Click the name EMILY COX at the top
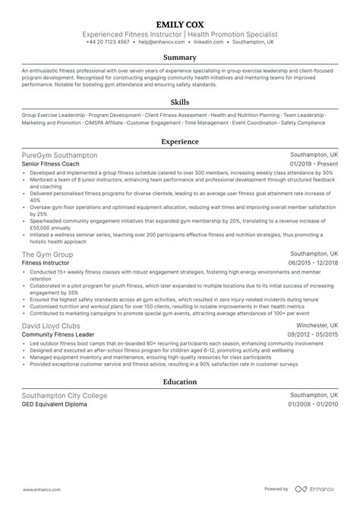point(180,24)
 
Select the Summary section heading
point(180,58)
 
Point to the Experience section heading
point(180,141)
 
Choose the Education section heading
point(180,383)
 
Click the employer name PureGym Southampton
point(60,155)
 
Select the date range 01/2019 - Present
point(314,164)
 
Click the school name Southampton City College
point(65,396)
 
